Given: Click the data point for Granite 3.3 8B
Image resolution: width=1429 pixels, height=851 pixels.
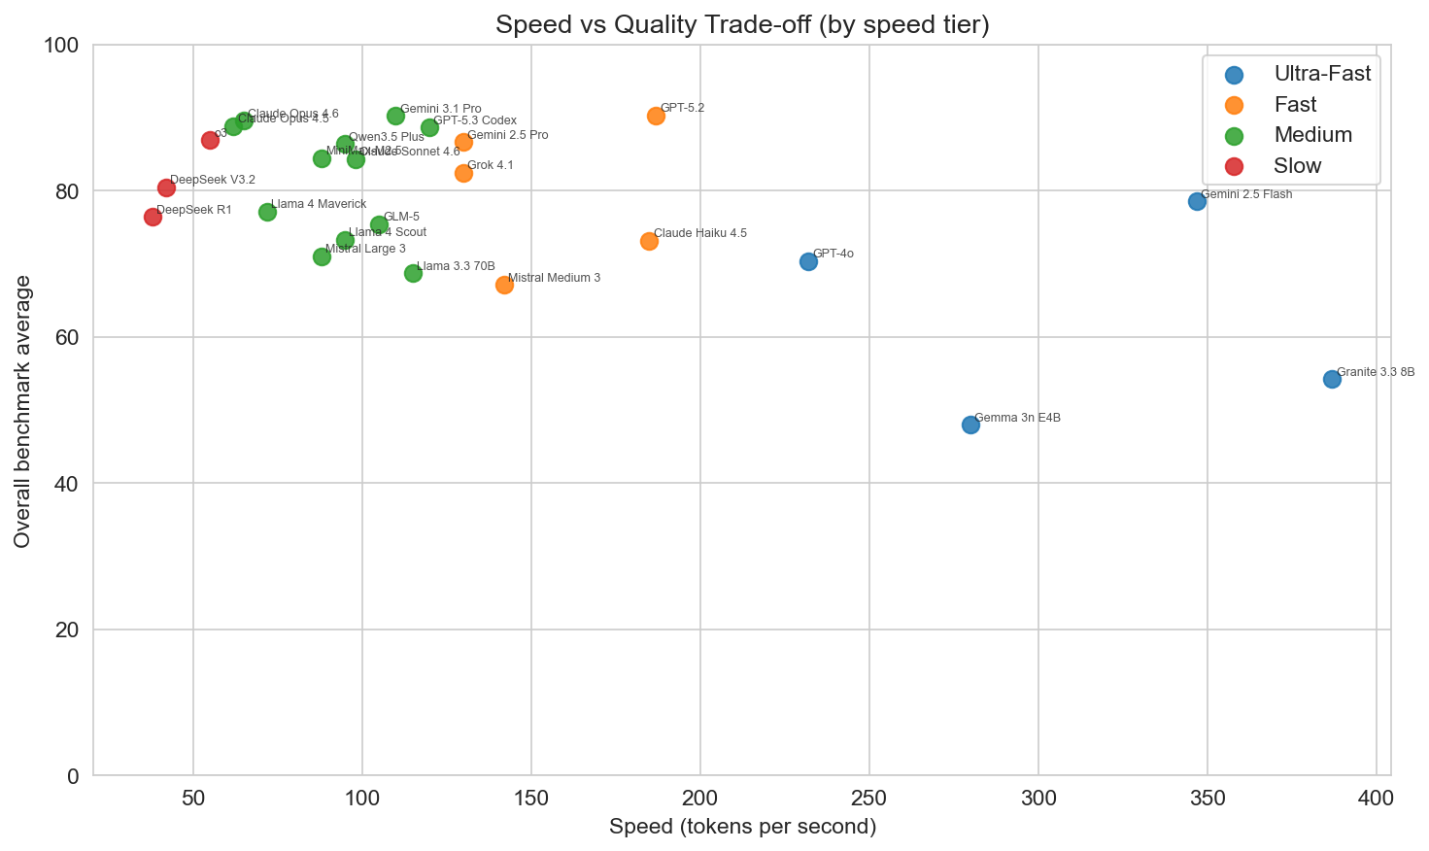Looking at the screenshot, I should [1332, 379].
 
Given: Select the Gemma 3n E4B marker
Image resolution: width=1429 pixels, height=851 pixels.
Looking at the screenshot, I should [970, 425].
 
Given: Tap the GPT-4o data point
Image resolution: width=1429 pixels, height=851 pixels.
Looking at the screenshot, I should [808, 261].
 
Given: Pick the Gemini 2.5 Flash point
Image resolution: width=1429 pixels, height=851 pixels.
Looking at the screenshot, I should [1197, 201].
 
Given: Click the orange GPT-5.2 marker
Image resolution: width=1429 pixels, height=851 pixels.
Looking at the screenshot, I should [656, 116].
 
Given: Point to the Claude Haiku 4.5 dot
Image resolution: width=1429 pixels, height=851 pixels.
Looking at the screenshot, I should [649, 241].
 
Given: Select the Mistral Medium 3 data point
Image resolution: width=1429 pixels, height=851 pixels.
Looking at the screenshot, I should [504, 285].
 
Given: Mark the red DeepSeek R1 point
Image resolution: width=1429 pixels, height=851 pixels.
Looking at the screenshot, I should [153, 217].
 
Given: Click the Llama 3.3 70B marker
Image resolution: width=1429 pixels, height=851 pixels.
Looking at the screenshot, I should [413, 273].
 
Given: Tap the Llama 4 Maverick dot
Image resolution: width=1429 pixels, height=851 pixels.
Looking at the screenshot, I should [267, 212].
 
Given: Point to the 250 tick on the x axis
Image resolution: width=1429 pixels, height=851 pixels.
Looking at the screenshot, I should [869, 799].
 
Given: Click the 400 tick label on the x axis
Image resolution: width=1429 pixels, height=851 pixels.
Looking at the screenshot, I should [1377, 799].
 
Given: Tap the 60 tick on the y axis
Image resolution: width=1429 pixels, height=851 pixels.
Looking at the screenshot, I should [69, 338].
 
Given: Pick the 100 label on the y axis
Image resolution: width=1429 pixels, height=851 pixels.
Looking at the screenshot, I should [63, 46].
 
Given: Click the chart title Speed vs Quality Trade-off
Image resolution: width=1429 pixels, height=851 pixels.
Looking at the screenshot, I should [742, 24].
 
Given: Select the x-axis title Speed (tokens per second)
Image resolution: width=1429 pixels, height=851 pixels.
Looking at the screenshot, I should [742, 827].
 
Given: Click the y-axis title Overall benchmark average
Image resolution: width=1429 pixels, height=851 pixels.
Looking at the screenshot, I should [23, 411].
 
